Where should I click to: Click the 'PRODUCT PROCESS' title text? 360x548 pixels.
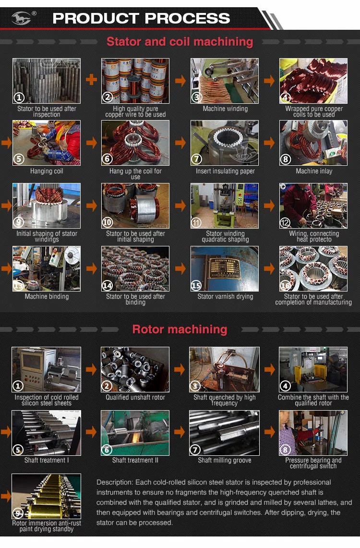tap(141, 19)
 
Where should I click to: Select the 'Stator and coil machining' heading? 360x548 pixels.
tap(180, 42)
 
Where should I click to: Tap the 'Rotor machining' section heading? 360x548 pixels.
tap(180, 329)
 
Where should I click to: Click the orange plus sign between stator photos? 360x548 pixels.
tap(91, 80)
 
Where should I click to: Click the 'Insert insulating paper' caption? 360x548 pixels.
tap(225, 171)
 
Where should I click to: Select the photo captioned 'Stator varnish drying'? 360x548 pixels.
tap(225, 268)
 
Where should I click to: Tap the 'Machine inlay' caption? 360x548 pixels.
tap(314, 171)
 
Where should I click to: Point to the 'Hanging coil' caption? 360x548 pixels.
tap(47, 171)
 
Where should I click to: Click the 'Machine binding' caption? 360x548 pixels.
tap(47, 297)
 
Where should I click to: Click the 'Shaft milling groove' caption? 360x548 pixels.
tap(225, 461)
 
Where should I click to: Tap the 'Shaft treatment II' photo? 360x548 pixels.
tap(135, 432)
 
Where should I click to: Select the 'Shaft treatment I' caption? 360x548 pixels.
tap(47, 461)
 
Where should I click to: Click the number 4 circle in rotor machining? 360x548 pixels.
tap(286, 386)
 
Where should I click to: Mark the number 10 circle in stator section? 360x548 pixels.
tap(108, 223)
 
